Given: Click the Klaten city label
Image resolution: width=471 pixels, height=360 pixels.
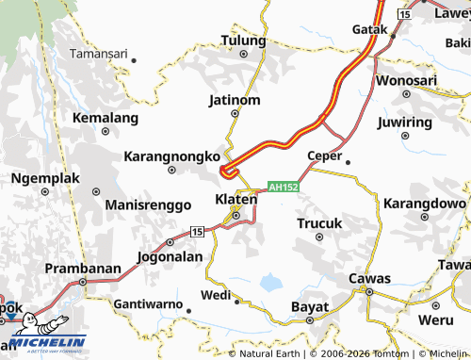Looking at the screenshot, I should tap(236, 199).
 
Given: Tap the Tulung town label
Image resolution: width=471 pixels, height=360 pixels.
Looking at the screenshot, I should tap(244, 40).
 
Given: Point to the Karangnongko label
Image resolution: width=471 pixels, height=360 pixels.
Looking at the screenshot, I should tap(172, 155).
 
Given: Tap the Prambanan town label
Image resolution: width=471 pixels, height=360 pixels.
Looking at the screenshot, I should tap(83, 268).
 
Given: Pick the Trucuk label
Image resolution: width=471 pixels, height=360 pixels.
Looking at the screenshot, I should tap(320, 223).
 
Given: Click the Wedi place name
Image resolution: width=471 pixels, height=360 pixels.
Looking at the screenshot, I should tap(216, 296).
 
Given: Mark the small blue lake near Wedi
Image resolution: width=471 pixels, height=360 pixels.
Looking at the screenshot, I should tap(271, 280).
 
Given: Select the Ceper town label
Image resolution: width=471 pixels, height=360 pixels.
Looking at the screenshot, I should tap(324, 155).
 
